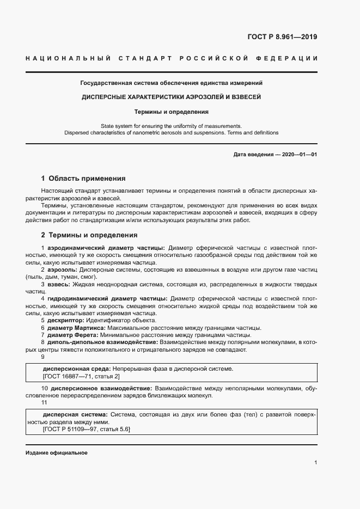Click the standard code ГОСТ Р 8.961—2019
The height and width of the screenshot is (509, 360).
click(283, 37)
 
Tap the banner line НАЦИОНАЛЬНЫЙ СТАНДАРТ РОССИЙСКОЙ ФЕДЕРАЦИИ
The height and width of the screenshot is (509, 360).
click(172, 58)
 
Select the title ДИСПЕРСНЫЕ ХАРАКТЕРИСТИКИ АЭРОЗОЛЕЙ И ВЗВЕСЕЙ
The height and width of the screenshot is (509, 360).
click(172, 97)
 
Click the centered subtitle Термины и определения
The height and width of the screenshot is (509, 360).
click(172, 112)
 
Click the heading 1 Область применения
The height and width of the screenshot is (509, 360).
click(83, 178)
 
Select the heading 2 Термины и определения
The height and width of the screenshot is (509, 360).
click(89, 235)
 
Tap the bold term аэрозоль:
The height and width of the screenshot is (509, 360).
click(62, 269)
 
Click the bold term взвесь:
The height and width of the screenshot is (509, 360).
click(58, 284)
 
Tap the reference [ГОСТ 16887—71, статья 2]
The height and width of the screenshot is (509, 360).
click(81, 376)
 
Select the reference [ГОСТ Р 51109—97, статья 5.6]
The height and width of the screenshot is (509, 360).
click(87, 429)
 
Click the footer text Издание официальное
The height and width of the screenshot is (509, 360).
click(56, 453)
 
